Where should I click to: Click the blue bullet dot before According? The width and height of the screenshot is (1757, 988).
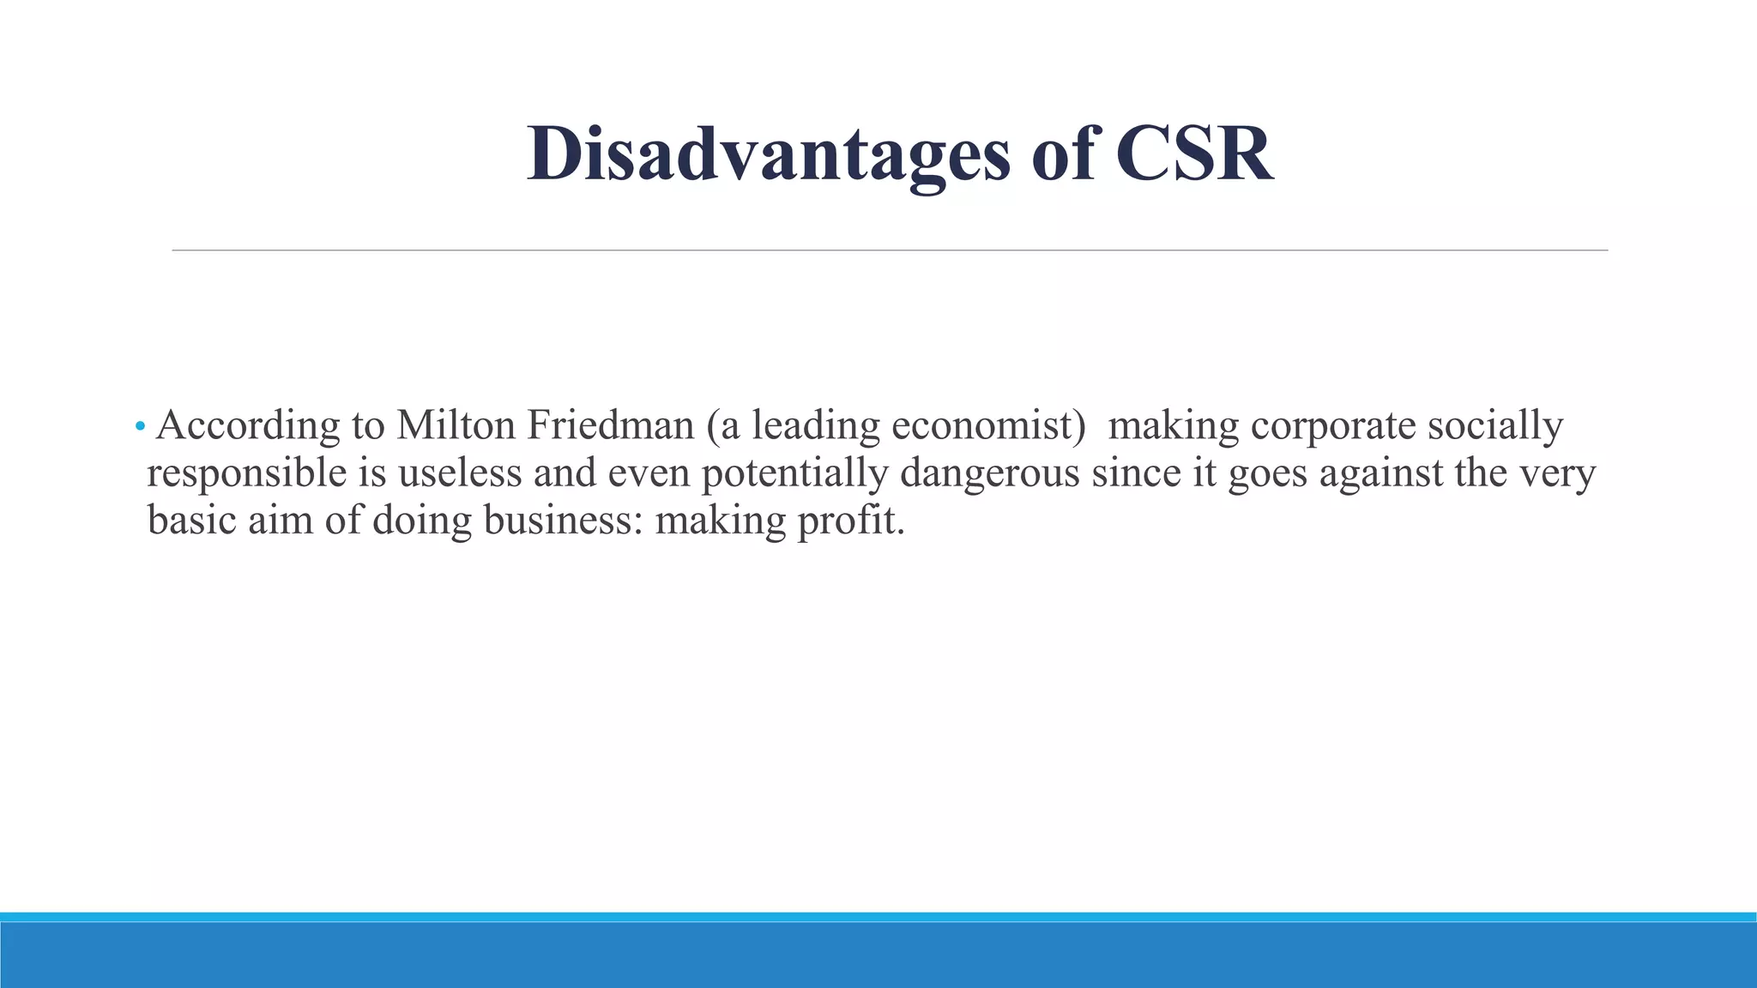pyautogui.click(x=140, y=426)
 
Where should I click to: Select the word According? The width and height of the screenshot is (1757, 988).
pyautogui.click(x=248, y=426)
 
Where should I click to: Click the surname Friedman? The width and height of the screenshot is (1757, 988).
pyautogui.click(x=610, y=425)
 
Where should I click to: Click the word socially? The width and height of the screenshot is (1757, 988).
pyautogui.click(x=1495, y=427)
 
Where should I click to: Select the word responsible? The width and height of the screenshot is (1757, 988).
pyautogui.click(x=247, y=473)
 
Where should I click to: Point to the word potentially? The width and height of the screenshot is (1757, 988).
pyautogui.click(x=794, y=474)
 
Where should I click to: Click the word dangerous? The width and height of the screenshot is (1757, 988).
pyautogui.click(x=989, y=474)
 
